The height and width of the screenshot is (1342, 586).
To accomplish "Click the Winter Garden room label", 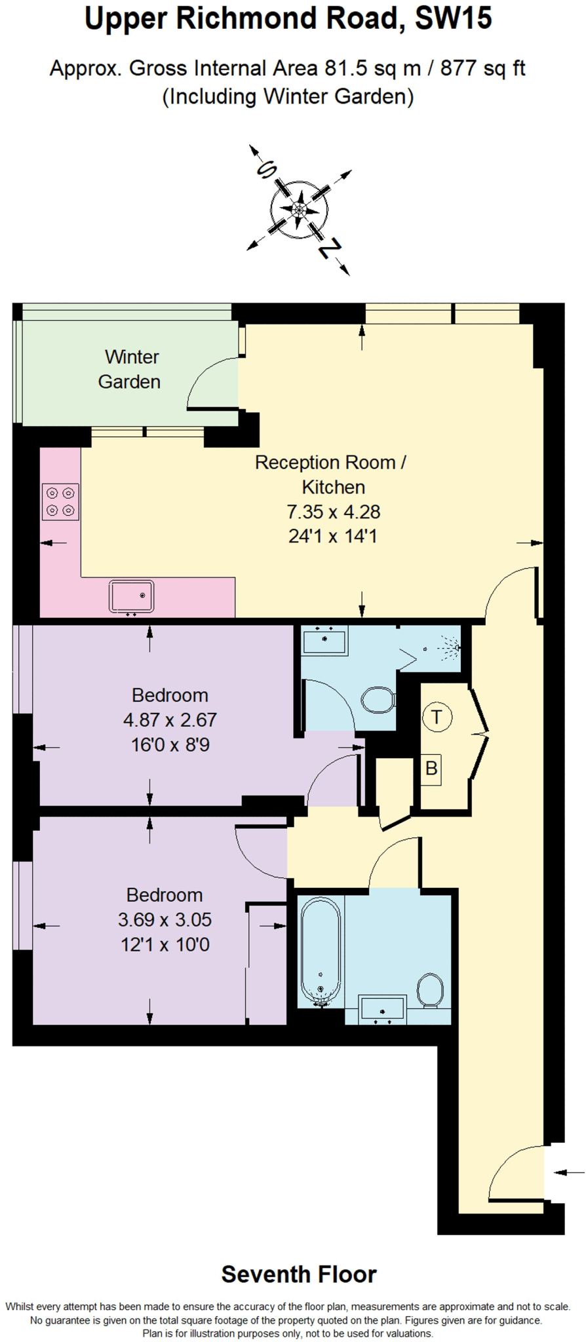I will (x=130, y=369).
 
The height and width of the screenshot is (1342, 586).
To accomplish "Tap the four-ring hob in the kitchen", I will (x=60, y=501).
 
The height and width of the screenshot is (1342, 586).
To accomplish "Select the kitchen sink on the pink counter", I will (x=131, y=596).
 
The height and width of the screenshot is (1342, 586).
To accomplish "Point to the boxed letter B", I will (x=431, y=768).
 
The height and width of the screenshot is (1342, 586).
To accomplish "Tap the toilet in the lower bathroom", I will (x=431, y=989).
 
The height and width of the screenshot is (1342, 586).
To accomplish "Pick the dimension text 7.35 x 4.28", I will (x=333, y=512).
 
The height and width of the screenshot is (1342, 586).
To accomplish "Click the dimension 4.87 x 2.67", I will (x=170, y=719).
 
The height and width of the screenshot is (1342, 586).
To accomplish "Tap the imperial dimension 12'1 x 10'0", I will (x=165, y=944).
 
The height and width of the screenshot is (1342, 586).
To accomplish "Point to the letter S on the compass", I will (x=266, y=171).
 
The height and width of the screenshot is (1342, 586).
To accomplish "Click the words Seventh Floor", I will (x=299, y=1274).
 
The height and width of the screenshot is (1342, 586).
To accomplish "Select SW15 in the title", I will (x=453, y=19).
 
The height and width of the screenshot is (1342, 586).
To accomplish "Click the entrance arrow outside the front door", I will (x=569, y=1172).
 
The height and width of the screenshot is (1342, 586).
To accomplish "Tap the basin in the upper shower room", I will (x=324, y=640).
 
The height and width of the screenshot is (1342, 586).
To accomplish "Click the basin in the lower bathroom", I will (x=382, y=1009).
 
